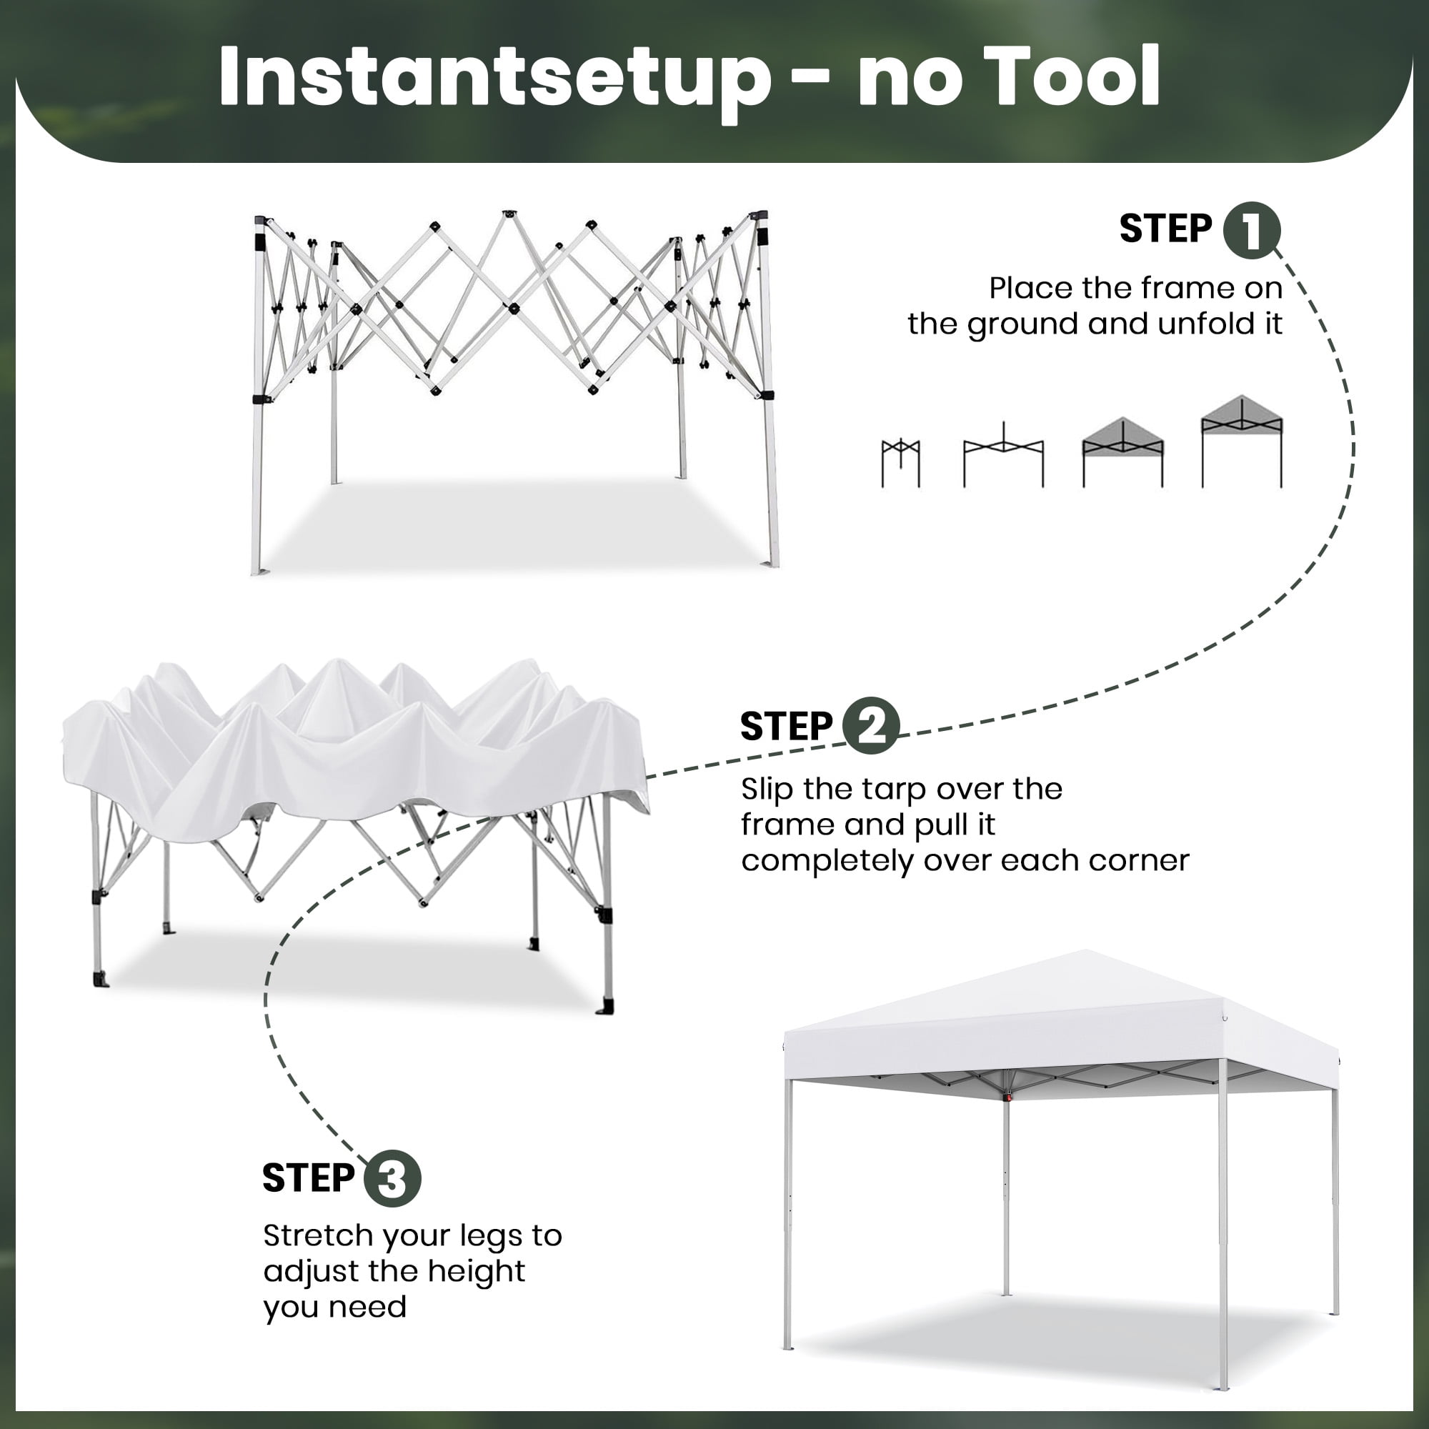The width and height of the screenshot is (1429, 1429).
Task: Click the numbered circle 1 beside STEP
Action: pos(1252,230)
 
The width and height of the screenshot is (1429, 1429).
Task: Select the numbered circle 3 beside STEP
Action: pos(392,1178)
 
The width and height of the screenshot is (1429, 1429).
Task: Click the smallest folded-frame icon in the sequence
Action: pos(900,463)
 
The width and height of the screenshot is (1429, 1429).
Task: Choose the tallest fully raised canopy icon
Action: pos(1242,442)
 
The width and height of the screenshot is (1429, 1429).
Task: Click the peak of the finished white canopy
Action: pos(1086,951)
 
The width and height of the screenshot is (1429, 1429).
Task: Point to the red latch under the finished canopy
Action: pos(1007,1097)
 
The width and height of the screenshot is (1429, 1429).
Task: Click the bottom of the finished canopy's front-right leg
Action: pos(1223,1386)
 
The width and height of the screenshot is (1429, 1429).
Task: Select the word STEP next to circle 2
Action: pos(787,727)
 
